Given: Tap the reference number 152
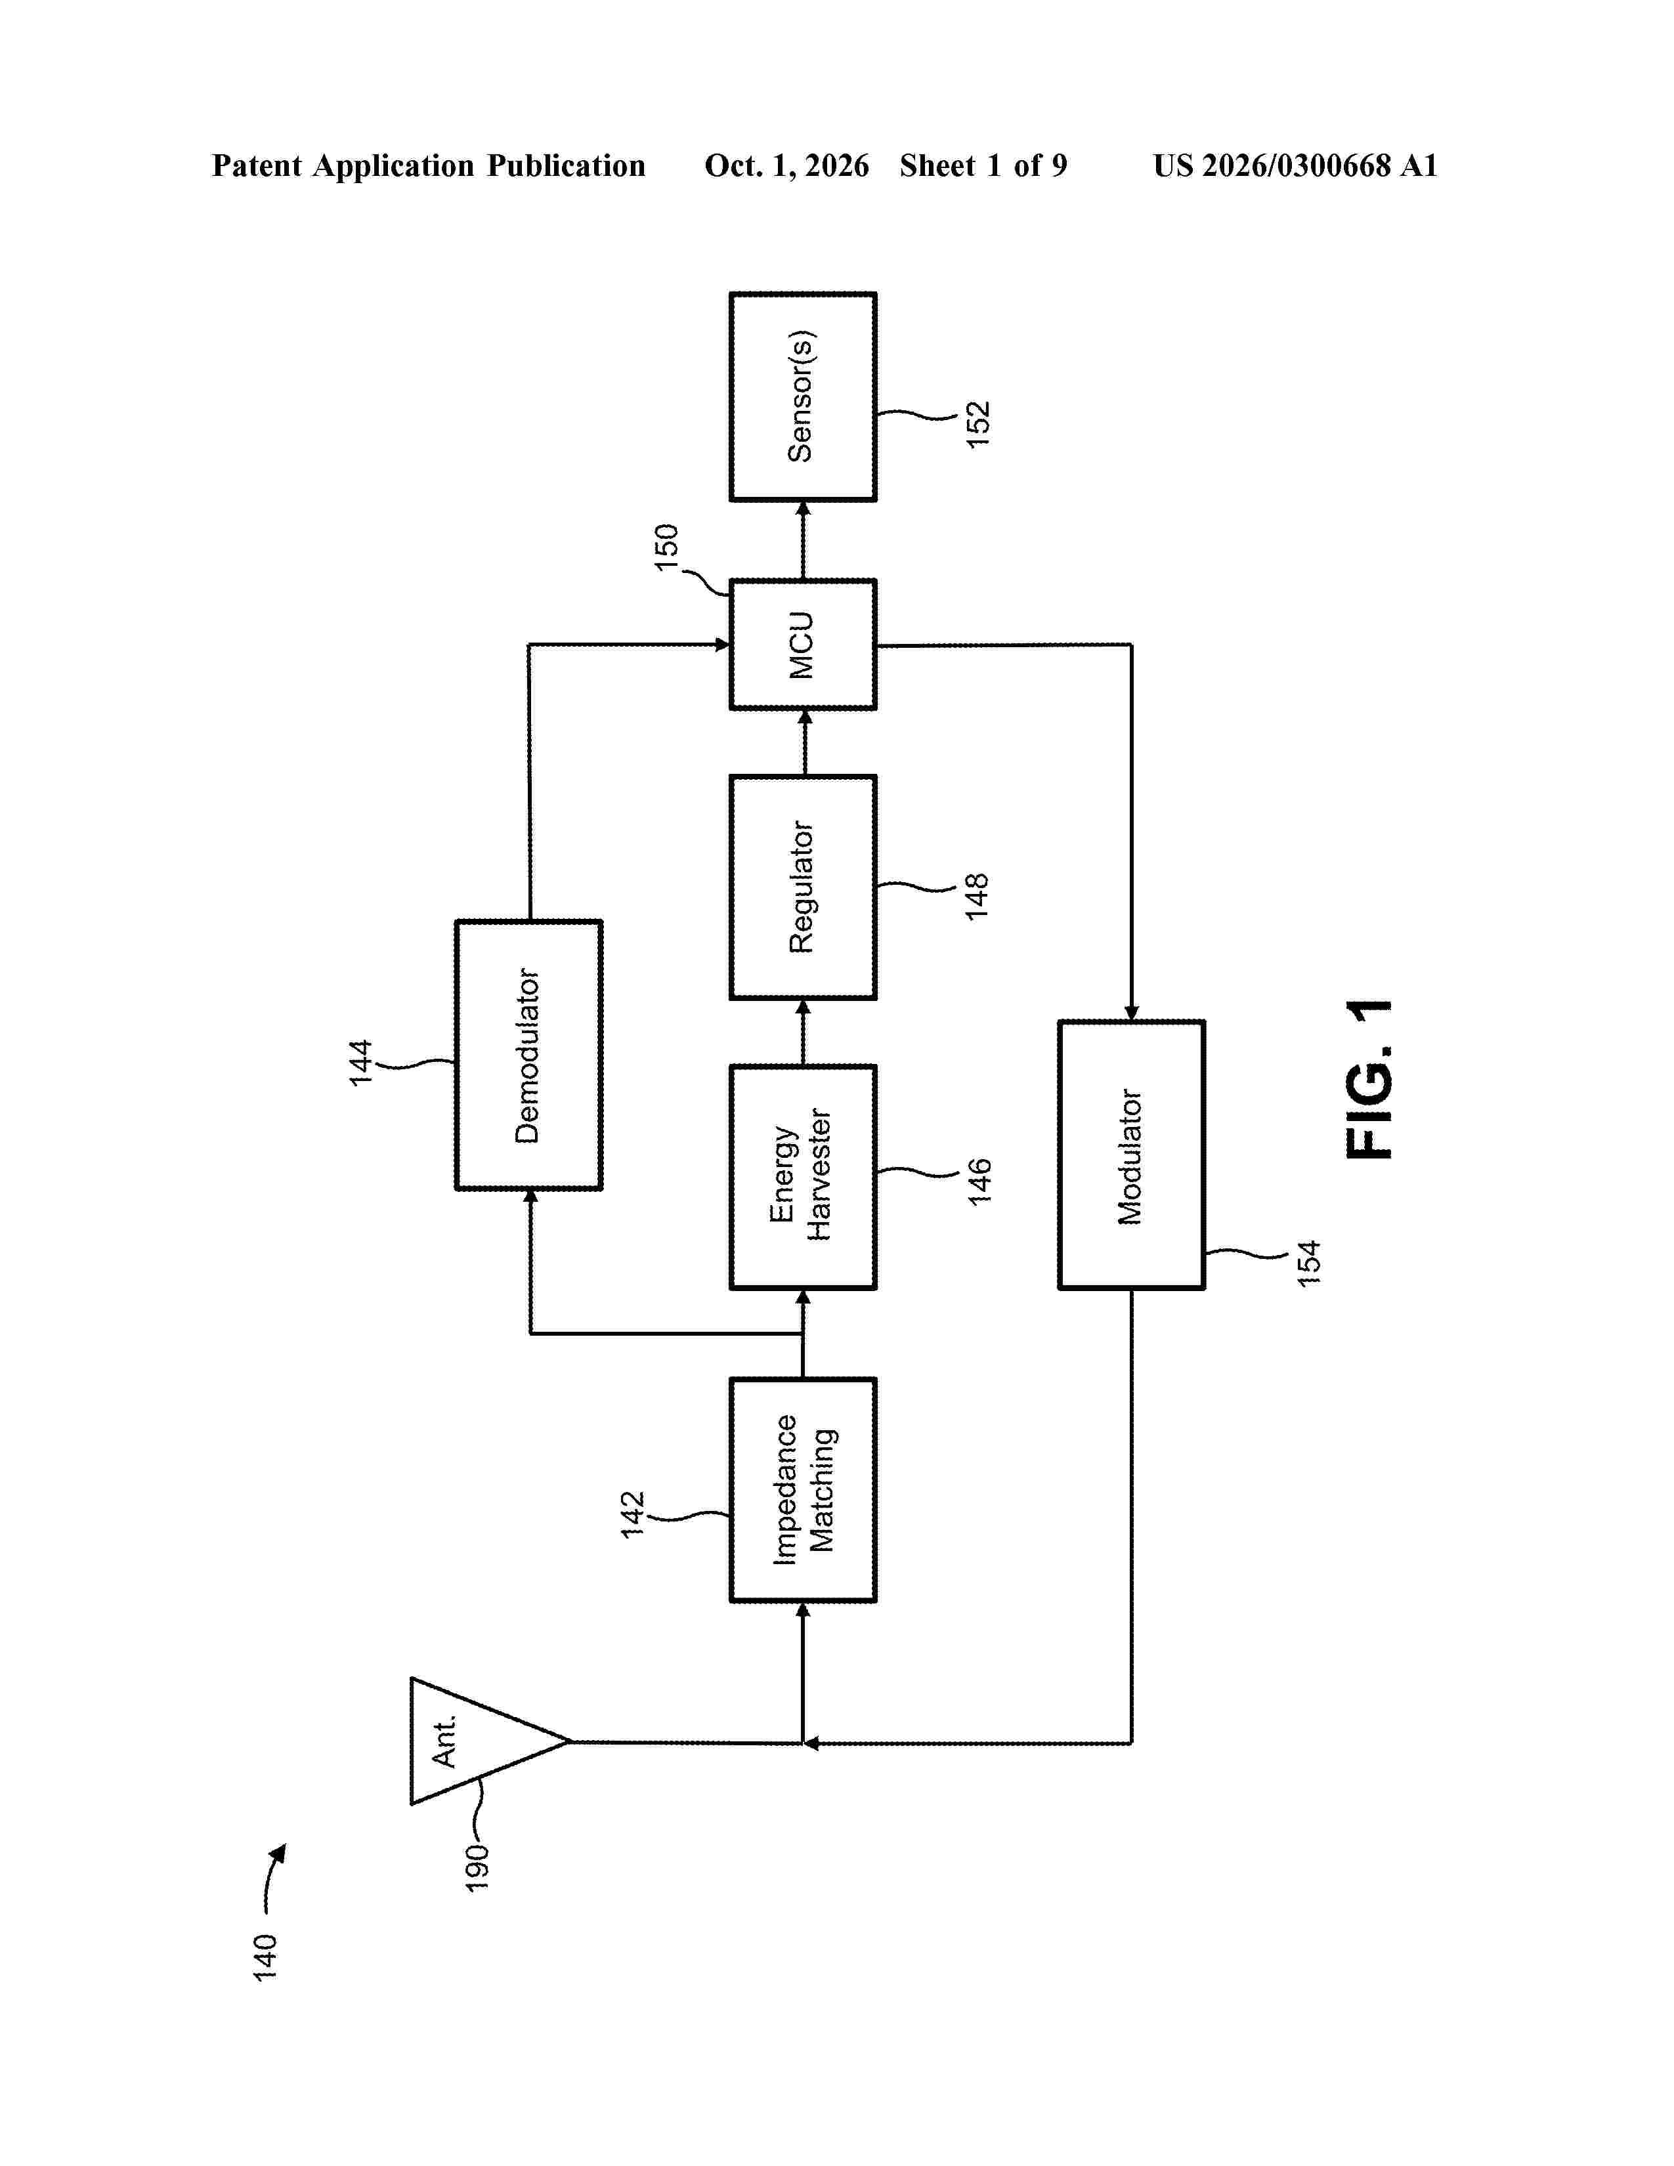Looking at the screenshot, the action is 978,425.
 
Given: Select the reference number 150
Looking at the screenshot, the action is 666,547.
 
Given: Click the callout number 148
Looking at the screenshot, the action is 977,897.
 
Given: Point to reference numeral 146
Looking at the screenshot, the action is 979,1181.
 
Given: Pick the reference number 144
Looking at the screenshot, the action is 360,1062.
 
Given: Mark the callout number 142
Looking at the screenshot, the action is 633,1514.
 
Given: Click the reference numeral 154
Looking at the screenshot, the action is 1309,1263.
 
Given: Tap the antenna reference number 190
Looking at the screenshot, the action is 477,1867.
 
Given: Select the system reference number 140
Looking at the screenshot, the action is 265,1958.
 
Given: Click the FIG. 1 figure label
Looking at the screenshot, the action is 1369,1079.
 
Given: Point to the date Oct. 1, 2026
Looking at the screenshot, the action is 786,165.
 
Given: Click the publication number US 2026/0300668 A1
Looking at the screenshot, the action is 1295,165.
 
